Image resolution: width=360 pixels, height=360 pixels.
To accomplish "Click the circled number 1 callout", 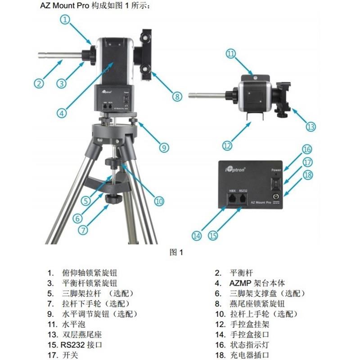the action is coord(66,19).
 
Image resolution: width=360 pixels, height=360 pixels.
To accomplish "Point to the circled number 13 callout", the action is coord(311,126).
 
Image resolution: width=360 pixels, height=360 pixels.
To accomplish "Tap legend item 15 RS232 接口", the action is coord(75,345).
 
